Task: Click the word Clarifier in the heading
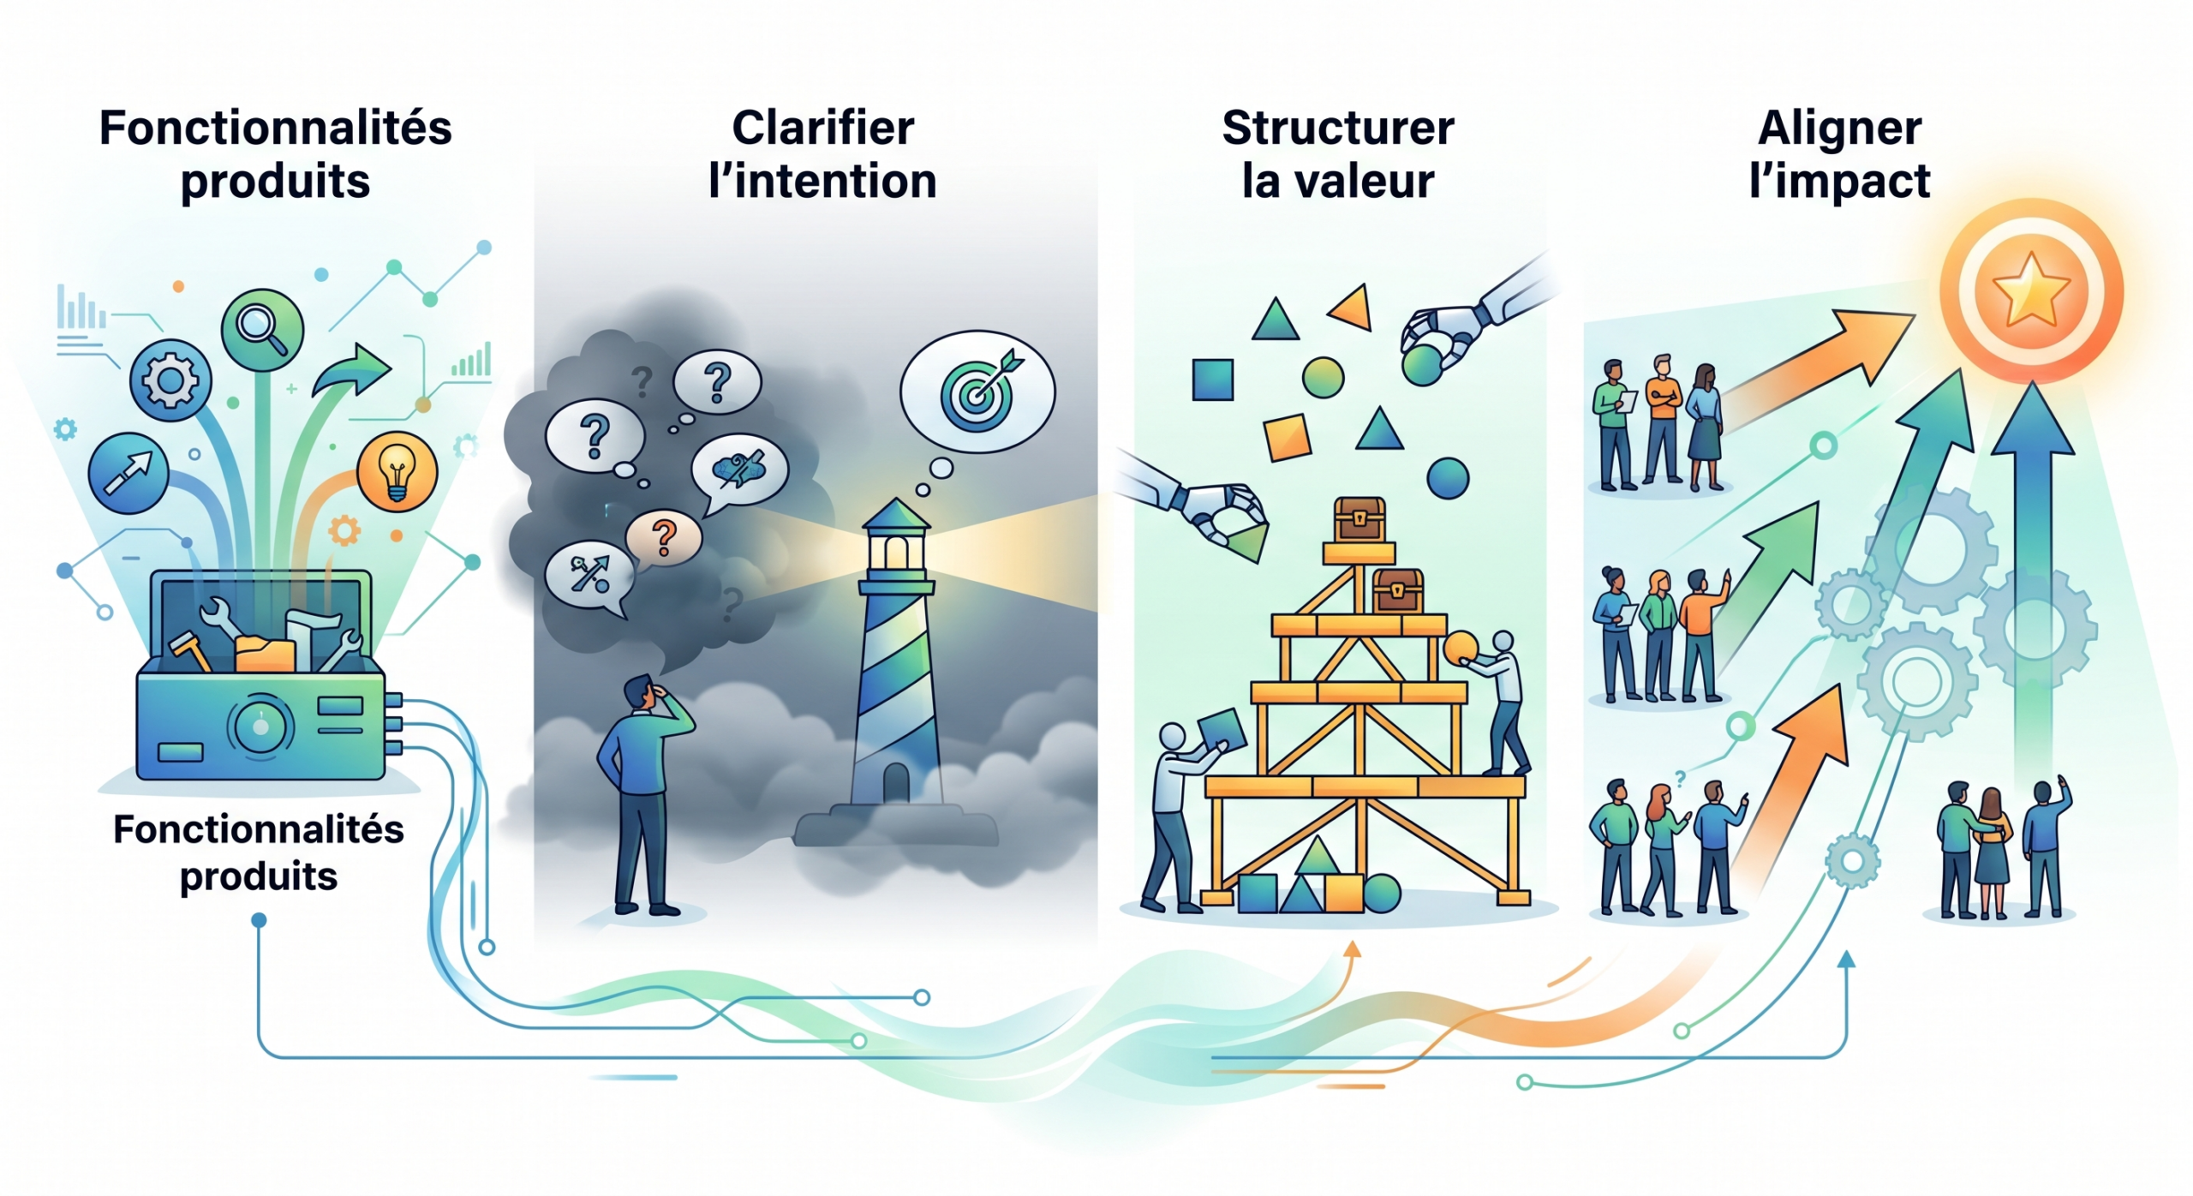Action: point(822,129)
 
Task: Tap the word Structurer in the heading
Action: point(1337,129)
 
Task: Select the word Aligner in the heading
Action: point(1839,129)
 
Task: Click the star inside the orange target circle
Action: point(2031,290)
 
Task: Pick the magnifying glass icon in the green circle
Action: point(262,330)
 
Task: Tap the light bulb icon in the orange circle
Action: point(397,472)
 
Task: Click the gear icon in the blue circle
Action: point(170,380)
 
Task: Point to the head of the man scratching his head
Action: point(638,691)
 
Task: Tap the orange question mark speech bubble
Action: point(663,538)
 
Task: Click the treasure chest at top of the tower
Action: point(1359,519)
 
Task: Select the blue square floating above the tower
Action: point(1212,380)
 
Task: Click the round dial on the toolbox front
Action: point(260,727)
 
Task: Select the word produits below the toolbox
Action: point(259,876)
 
